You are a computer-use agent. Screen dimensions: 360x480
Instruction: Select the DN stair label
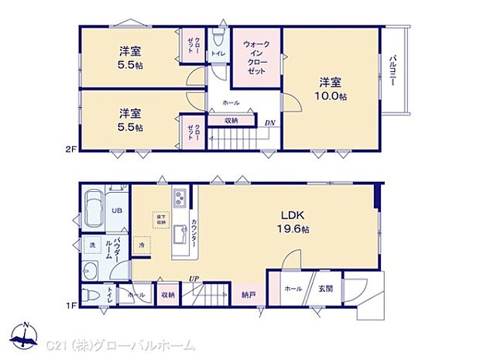[270, 122]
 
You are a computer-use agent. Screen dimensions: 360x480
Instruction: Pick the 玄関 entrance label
[325, 288]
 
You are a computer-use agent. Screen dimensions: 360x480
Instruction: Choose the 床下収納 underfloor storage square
[160, 220]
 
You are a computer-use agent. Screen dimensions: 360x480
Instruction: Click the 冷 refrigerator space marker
[142, 245]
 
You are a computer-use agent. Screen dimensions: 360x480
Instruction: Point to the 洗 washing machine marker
[91, 245]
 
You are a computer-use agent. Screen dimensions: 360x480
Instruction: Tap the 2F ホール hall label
[231, 102]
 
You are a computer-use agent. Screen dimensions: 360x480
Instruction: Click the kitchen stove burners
[178, 197]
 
